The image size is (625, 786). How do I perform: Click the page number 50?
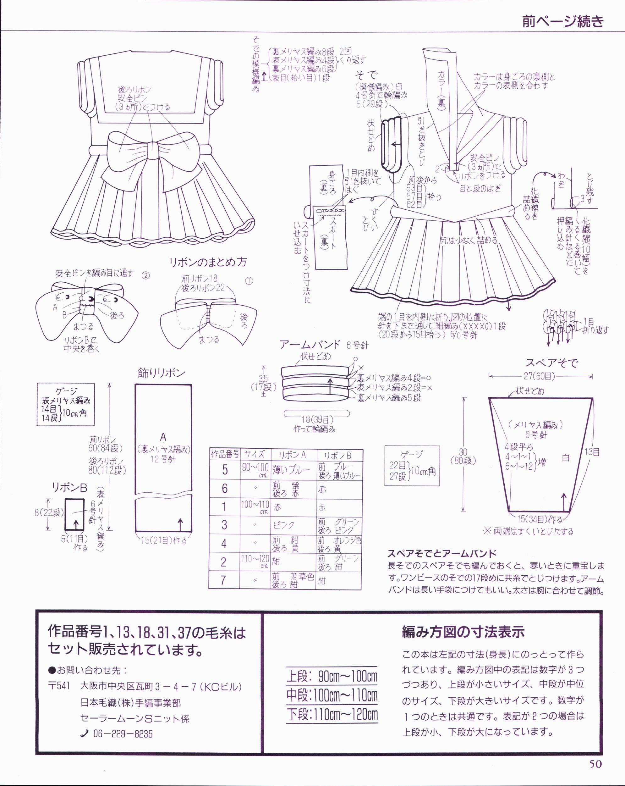coord(595,774)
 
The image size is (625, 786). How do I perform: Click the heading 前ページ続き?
coord(563,21)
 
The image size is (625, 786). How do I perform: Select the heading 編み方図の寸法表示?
coord(463,631)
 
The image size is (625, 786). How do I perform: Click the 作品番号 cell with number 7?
coord(224,580)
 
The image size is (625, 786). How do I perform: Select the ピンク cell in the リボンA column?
coord(284,525)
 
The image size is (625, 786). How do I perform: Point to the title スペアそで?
coord(551,363)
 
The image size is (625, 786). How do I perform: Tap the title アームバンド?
coord(310,345)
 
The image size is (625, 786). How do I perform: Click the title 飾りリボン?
coord(161,373)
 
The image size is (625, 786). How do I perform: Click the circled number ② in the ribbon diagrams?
coord(145,275)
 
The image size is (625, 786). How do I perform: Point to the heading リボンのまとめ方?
coord(208,262)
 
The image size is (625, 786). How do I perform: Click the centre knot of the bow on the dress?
coord(153,152)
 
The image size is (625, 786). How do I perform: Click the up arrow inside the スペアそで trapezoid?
coord(564,502)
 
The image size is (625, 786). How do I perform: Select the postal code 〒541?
coord(59,686)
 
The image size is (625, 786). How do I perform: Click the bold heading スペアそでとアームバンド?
coord(442,553)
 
